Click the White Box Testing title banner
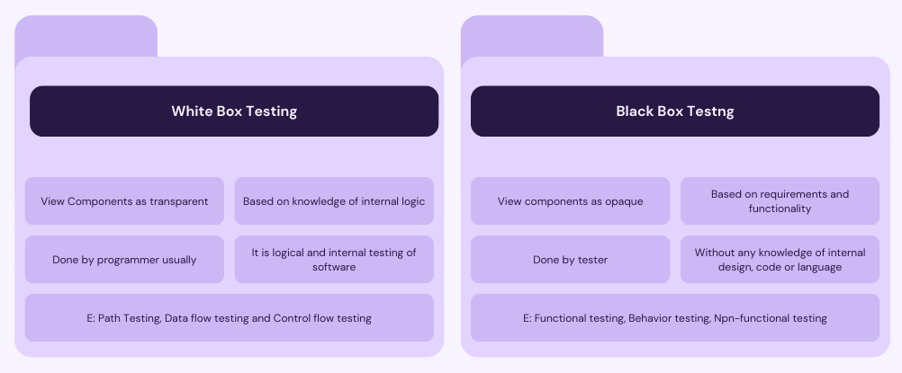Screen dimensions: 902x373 pyautogui.click(x=234, y=111)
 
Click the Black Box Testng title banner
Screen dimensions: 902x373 pyautogui.click(x=675, y=111)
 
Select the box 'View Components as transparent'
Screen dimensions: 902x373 pyautogui.click(x=124, y=201)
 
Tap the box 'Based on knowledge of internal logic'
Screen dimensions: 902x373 pyautogui.click(x=334, y=201)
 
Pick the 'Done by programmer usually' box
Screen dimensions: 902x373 pyautogui.click(x=124, y=259)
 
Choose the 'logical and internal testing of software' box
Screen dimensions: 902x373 pyautogui.click(x=334, y=259)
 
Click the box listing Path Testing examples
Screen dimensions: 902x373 pyautogui.click(x=230, y=318)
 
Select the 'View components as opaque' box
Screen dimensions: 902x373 pyautogui.click(x=570, y=201)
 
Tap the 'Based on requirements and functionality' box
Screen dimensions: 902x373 pyautogui.click(x=780, y=201)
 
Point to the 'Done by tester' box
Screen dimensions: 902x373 pyautogui.click(x=570, y=259)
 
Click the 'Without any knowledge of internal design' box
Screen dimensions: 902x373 pyautogui.click(x=780, y=259)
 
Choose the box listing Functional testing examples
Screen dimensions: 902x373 pyautogui.click(x=675, y=318)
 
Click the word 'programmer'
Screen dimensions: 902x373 pyautogui.click(x=127, y=261)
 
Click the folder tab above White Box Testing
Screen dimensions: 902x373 pyautogui.click(x=86, y=36)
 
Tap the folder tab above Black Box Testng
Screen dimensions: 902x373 pyautogui.click(x=532, y=36)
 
